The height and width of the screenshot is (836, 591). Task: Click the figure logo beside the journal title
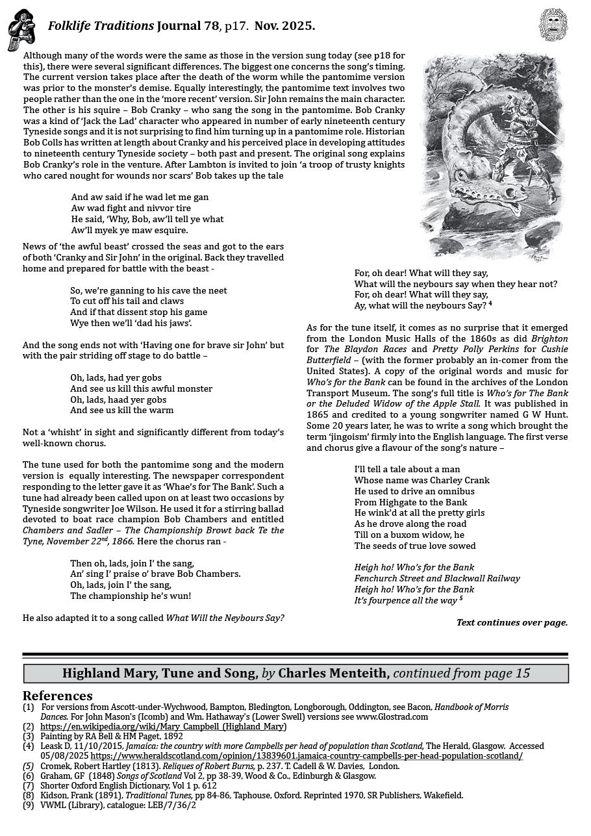(x=21, y=29)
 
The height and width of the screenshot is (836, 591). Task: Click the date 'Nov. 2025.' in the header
(x=284, y=27)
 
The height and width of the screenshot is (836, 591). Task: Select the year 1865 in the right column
(x=319, y=415)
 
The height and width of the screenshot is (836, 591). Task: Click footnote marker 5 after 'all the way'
(x=460, y=598)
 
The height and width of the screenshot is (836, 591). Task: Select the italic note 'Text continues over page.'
(x=512, y=622)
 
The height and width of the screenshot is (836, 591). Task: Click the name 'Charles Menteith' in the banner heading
(x=333, y=674)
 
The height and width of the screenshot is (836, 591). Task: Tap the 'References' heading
(x=58, y=696)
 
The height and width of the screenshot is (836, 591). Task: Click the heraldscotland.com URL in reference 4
(x=307, y=756)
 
